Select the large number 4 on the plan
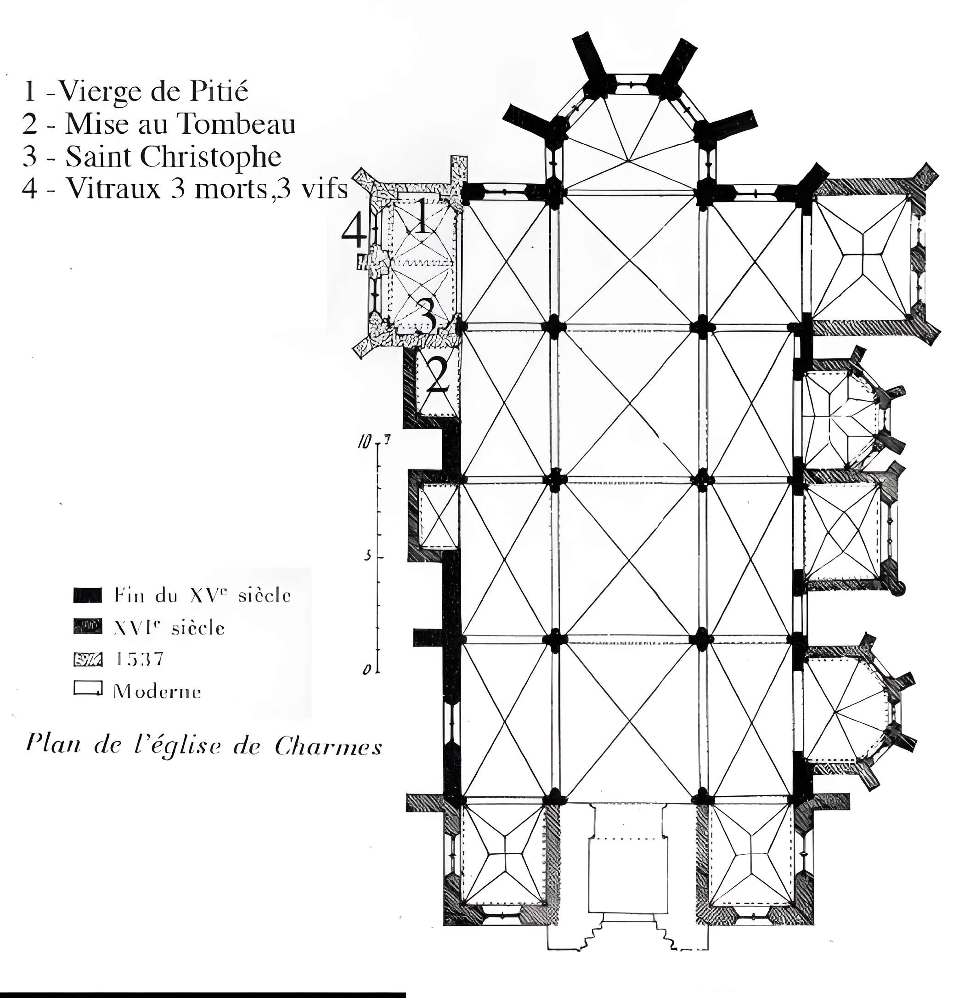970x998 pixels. coord(354,231)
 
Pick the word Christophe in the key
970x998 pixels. coord(210,157)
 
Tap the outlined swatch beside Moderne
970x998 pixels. coord(88,688)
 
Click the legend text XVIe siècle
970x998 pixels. coord(169,628)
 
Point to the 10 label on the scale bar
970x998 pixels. coord(363,442)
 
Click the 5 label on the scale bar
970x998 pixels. coord(367,556)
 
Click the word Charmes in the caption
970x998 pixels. coord(328,747)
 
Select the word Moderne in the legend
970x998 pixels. coord(157,692)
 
